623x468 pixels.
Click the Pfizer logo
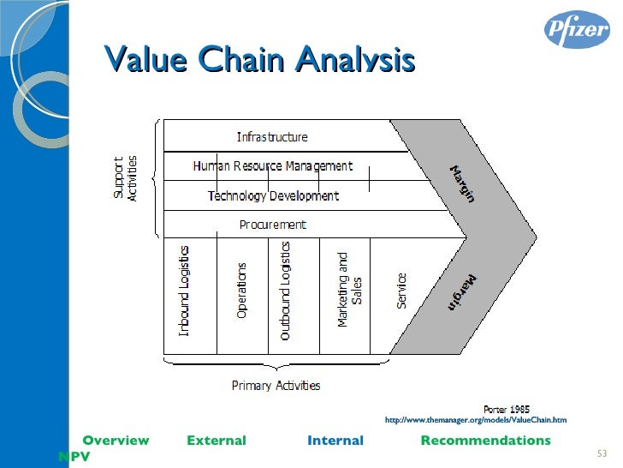pos(578,30)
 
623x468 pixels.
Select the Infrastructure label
pos(272,136)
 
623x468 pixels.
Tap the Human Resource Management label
pos(272,165)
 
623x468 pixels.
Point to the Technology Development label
pos(273,195)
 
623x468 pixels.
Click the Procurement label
pos(272,225)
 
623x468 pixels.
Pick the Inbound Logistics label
pos(185,291)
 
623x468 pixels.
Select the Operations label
pos(242,291)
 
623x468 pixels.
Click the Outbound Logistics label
pos(286,291)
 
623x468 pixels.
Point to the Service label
pos(401,291)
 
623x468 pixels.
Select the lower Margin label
pos(462,292)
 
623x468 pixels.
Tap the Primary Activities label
pos(276,385)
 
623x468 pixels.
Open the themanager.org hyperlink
pos(476,420)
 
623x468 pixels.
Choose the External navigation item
pos(216,441)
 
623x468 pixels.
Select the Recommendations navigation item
pos(485,441)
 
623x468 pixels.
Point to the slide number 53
pos(600,453)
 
